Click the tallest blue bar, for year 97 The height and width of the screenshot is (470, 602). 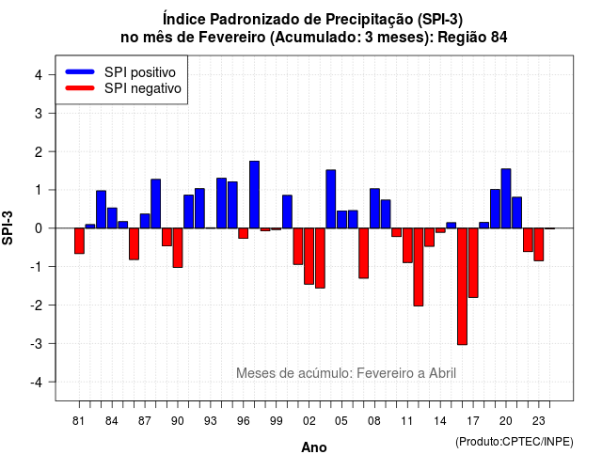pos(254,195)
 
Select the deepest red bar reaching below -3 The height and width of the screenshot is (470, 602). pos(462,286)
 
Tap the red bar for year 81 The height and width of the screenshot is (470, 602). pos(79,241)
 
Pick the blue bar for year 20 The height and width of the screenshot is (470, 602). pos(506,198)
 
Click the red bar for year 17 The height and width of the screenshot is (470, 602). pos(473,263)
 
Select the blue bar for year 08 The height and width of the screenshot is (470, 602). pos(374,209)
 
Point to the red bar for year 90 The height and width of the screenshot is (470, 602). pos(178,248)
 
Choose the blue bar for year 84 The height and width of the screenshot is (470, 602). pos(112,218)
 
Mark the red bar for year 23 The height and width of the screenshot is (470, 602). pos(539,244)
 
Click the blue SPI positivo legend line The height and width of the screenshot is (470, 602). pos(80,71)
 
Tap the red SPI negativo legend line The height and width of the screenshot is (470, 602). pos(80,87)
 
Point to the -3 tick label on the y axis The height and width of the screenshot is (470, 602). pos(37,343)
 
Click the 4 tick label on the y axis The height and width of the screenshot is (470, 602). pos(39,74)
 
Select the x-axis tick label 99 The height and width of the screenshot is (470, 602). pos(276,421)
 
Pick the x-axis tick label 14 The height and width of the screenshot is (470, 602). pos(440,421)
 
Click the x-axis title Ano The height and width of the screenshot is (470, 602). pos(314,447)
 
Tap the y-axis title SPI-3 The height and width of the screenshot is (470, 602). pos(8,227)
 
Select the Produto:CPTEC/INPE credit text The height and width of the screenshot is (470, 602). pos(515,442)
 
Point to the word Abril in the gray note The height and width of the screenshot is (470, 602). pos(442,373)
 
